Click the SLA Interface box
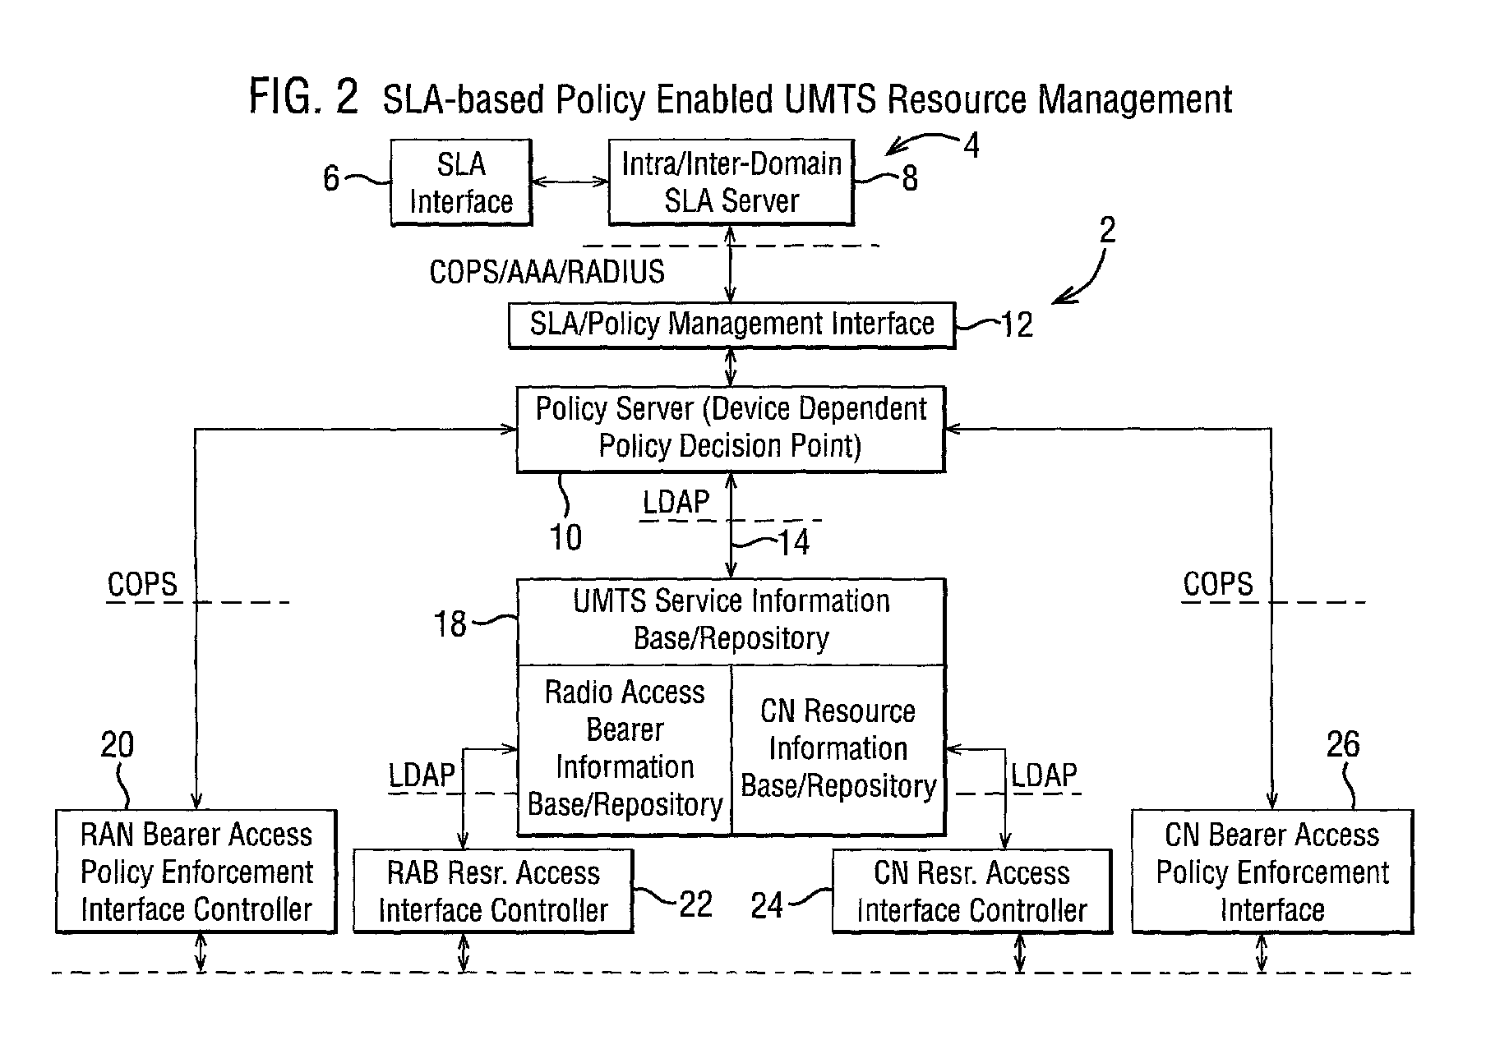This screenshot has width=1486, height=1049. coord(460,182)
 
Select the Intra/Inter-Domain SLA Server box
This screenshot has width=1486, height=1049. coord(731,182)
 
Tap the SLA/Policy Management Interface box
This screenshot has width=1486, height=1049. coord(731,325)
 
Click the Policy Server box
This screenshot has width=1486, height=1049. coord(731,429)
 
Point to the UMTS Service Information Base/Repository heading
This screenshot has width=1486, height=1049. coord(731,620)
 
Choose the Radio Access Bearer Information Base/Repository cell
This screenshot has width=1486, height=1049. coord(625,749)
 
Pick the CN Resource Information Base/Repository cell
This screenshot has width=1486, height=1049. coord(838,749)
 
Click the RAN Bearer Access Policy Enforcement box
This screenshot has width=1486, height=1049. coord(196,872)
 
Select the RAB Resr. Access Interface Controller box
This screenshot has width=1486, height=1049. coord(493,891)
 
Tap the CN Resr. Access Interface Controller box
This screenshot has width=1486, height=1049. coord(972,891)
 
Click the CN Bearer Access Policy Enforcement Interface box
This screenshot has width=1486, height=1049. coord(1272,872)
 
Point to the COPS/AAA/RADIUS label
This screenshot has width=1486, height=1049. coord(547,272)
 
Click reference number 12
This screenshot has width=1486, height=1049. coord(1017,325)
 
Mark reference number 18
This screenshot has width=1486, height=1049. coord(450,624)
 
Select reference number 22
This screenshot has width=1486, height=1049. coord(695,904)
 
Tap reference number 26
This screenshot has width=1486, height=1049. coord(1343,744)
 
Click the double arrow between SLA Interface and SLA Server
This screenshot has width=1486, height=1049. coord(570,182)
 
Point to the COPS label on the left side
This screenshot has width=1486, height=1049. coord(142,585)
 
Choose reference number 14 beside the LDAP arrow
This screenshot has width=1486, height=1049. coord(793,542)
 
